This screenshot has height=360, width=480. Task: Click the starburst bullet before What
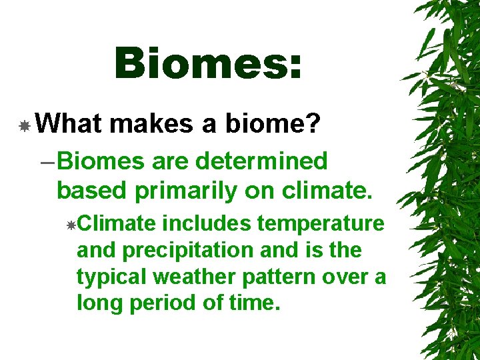click(x=25, y=125)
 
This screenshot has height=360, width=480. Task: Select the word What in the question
click(x=69, y=123)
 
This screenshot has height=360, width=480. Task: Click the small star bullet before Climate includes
click(x=71, y=225)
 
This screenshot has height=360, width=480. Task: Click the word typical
click(x=107, y=277)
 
